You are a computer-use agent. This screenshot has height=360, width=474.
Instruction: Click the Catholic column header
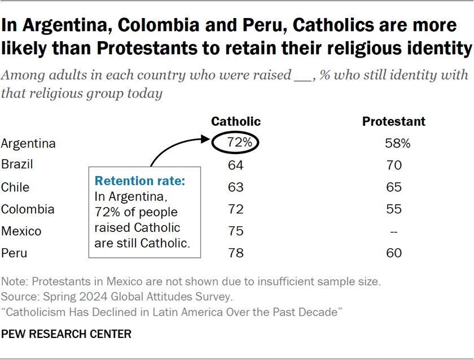[236, 121]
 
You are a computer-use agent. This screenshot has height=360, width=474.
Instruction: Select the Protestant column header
[394, 121]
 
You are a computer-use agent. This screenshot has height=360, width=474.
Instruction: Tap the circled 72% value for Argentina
[236, 143]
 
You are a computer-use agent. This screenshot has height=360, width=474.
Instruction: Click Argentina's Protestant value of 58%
[394, 143]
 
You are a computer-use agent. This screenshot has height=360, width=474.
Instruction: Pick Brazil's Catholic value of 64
[236, 165]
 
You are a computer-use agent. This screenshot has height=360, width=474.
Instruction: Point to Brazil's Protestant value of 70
[394, 165]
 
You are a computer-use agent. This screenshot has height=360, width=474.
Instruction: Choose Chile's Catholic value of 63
[236, 187]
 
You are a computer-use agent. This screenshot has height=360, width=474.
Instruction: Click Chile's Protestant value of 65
[394, 187]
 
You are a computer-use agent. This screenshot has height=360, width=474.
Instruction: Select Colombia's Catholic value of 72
[236, 209]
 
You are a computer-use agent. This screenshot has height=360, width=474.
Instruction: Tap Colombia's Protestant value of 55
[394, 209]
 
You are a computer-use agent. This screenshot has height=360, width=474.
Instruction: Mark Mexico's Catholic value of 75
[236, 231]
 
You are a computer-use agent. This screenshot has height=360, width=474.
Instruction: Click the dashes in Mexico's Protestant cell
[394, 231]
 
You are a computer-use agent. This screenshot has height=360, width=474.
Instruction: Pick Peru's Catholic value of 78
[236, 253]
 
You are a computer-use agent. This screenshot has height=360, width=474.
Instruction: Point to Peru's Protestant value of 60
[394, 253]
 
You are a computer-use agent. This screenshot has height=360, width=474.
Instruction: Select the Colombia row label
[28, 209]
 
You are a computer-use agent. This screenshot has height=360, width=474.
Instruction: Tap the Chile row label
[15, 187]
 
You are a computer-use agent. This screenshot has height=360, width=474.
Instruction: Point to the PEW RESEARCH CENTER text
[67, 334]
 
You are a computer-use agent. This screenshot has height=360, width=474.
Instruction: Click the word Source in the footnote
[17, 296]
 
